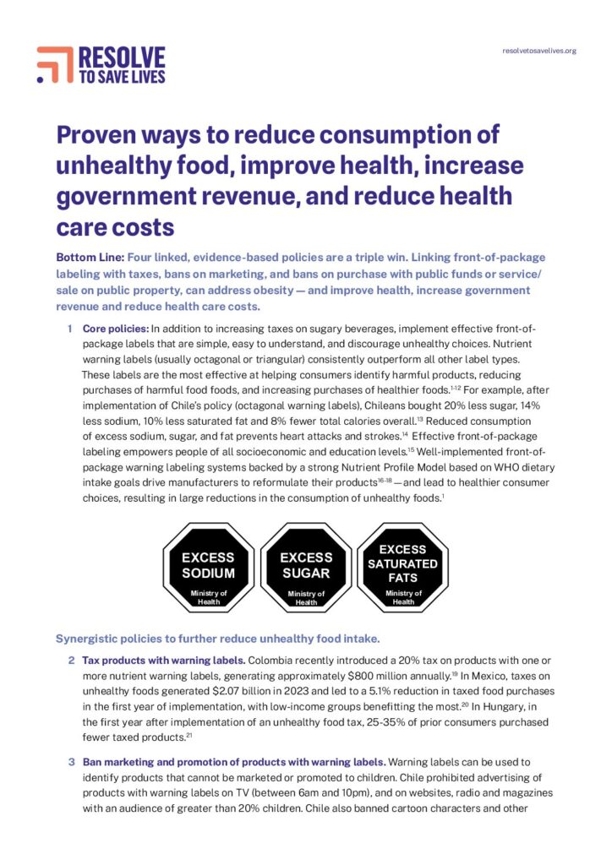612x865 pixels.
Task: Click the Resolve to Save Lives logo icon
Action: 54,64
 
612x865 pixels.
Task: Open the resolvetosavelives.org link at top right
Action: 538,51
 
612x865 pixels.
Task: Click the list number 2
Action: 72,659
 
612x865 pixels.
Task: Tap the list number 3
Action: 72,761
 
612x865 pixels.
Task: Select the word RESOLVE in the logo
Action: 121,57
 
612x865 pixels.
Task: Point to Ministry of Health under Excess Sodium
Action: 208,596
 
